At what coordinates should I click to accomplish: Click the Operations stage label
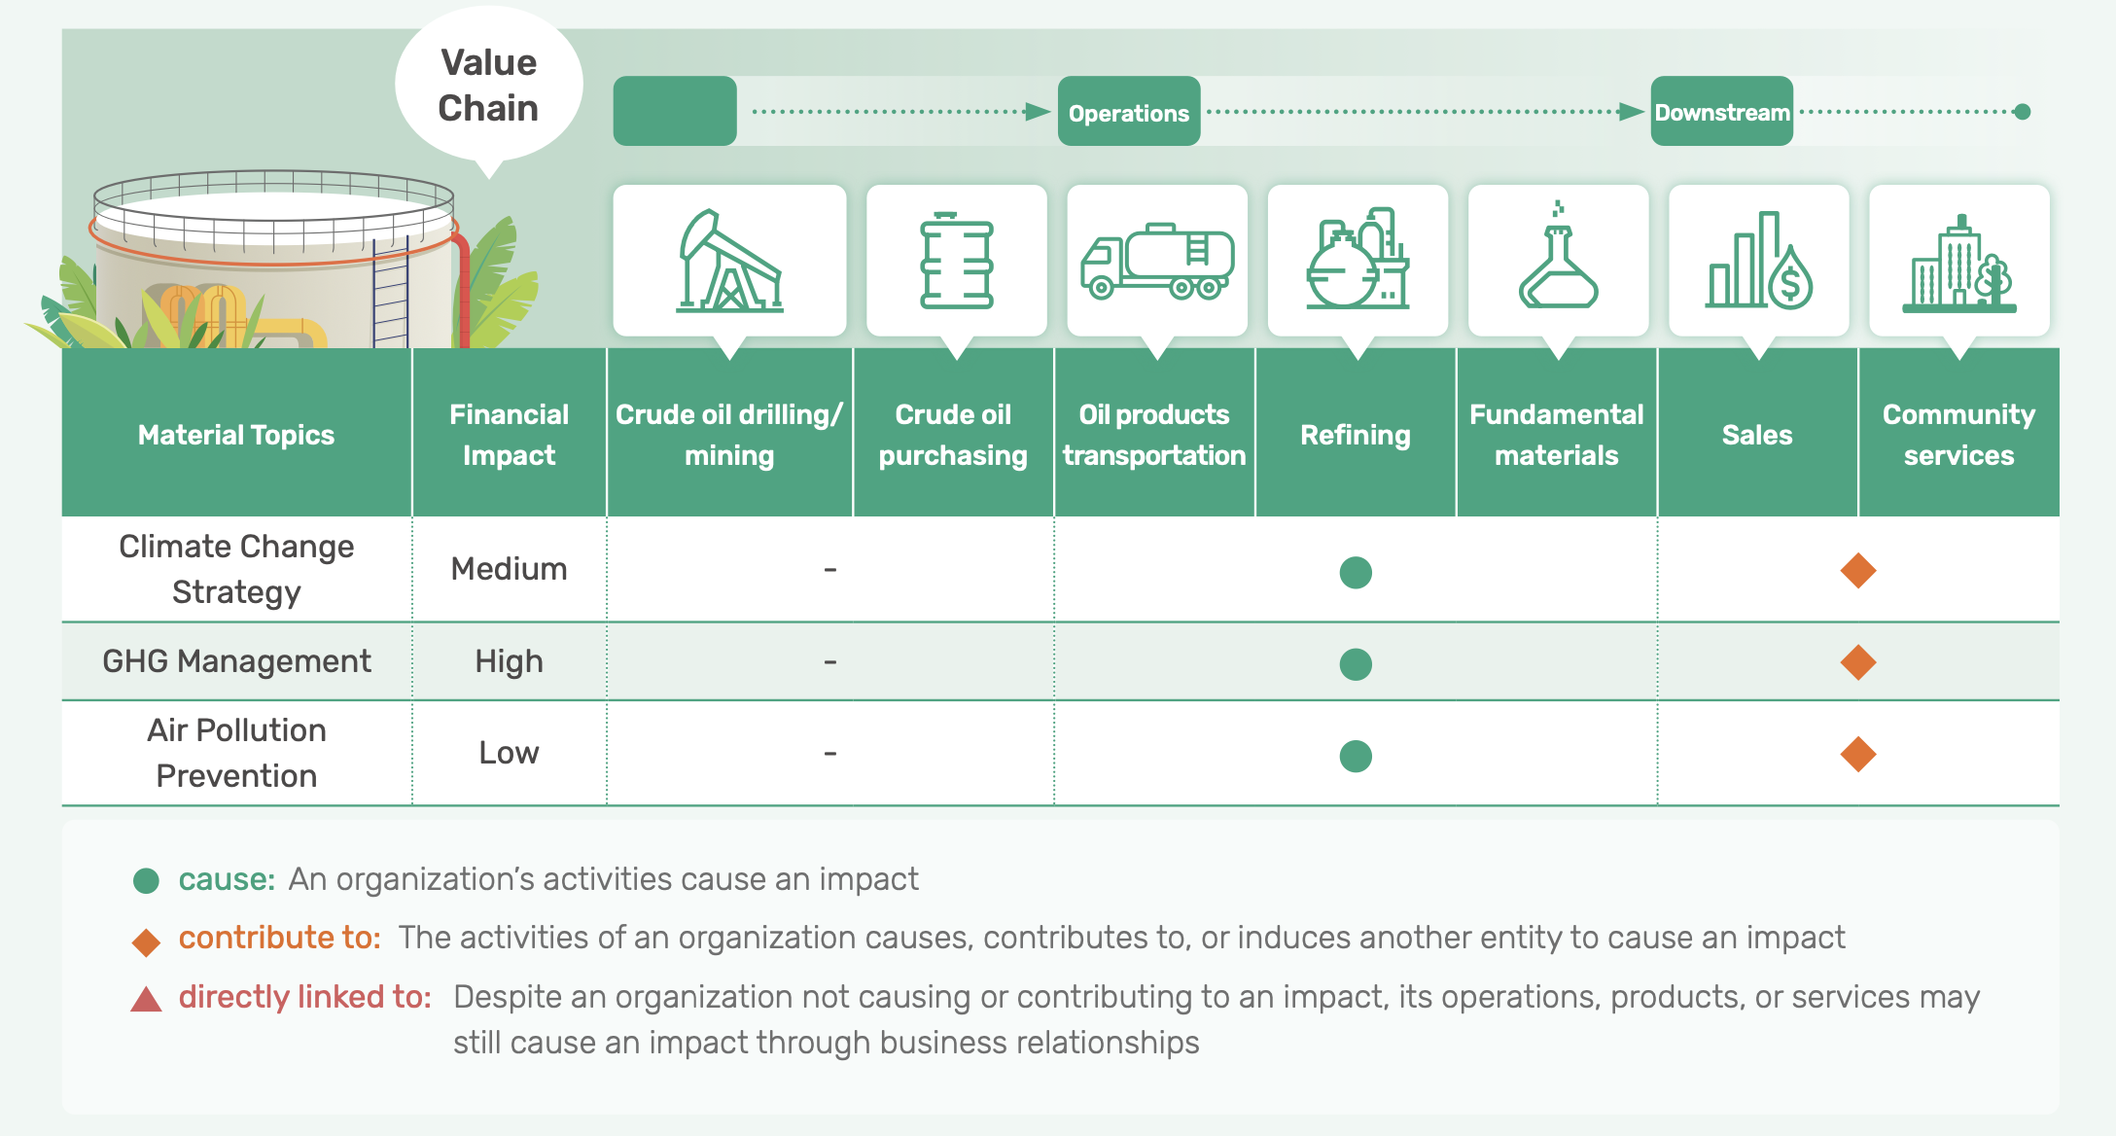click(x=1129, y=112)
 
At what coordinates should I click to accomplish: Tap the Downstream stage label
click(x=1722, y=112)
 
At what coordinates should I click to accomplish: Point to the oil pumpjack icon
click(x=729, y=261)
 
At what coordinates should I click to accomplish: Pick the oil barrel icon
click(x=957, y=261)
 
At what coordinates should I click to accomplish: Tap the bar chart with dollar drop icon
click(x=1759, y=261)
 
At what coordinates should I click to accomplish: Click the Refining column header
click(x=1356, y=435)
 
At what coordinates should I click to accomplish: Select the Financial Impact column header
click(x=509, y=435)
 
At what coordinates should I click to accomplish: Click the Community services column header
click(x=1958, y=435)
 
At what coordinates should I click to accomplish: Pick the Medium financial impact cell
click(x=509, y=569)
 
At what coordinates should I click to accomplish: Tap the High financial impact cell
click(x=509, y=661)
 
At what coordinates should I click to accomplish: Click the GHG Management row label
click(x=236, y=661)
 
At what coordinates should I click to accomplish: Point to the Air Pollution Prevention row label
click(x=236, y=753)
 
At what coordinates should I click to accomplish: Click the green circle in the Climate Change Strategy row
click(x=1356, y=572)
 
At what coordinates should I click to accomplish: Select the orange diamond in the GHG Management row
click(x=1858, y=662)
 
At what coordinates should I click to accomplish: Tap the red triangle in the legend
click(x=146, y=1000)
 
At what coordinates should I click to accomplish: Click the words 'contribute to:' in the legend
click(x=279, y=938)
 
